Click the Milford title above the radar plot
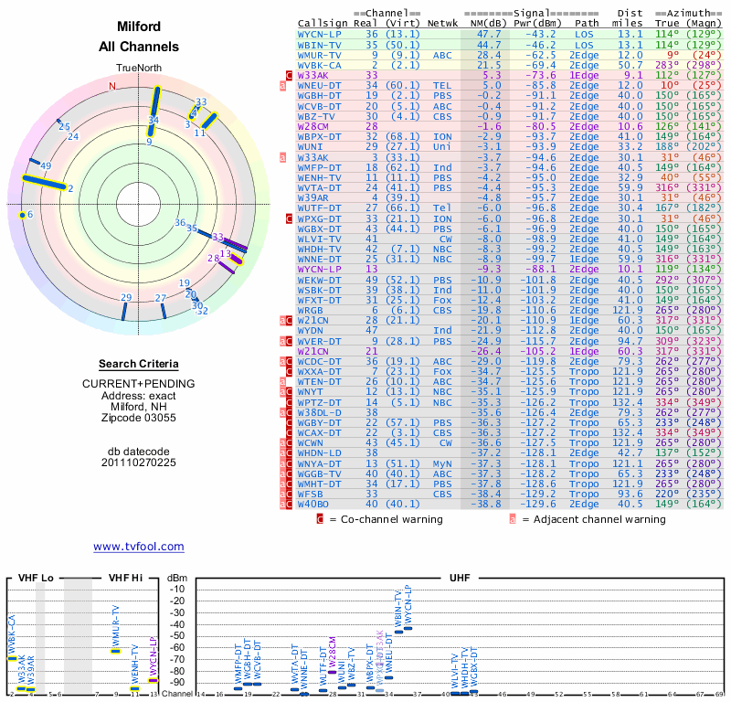(x=139, y=27)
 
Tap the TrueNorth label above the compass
(x=139, y=69)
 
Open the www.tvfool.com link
(x=139, y=546)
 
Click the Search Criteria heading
(x=139, y=364)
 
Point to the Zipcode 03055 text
(x=139, y=419)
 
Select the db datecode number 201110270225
(x=139, y=463)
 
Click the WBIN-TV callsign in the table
(x=319, y=44)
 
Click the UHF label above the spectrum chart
(x=461, y=578)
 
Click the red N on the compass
(x=112, y=86)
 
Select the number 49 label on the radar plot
(x=45, y=165)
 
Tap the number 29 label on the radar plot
(x=126, y=298)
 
